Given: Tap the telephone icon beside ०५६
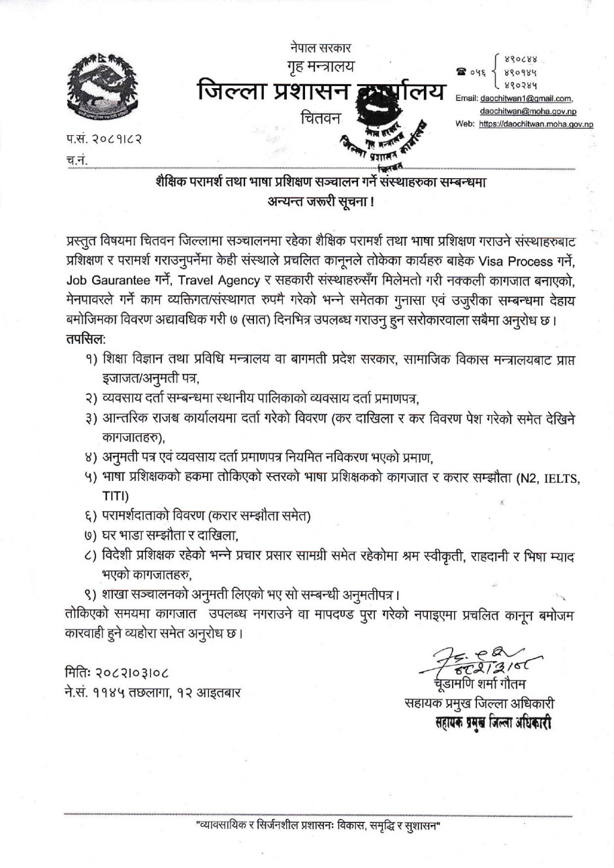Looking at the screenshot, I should (x=462, y=72).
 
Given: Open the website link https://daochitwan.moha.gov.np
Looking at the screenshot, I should (x=536, y=123).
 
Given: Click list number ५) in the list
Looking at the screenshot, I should (x=90, y=478).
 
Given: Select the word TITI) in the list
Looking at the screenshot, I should (x=116, y=496).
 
